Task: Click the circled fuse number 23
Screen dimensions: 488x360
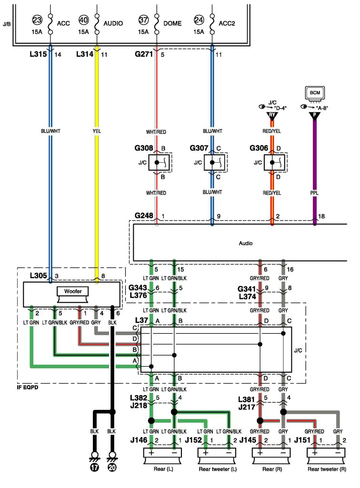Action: tap(37, 20)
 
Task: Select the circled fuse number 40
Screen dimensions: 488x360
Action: tap(83, 20)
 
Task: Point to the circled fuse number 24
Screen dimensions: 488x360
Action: tap(199, 20)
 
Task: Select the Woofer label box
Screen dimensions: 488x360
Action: tap(71, 291)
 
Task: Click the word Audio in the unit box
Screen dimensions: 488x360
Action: tap(245, 243)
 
